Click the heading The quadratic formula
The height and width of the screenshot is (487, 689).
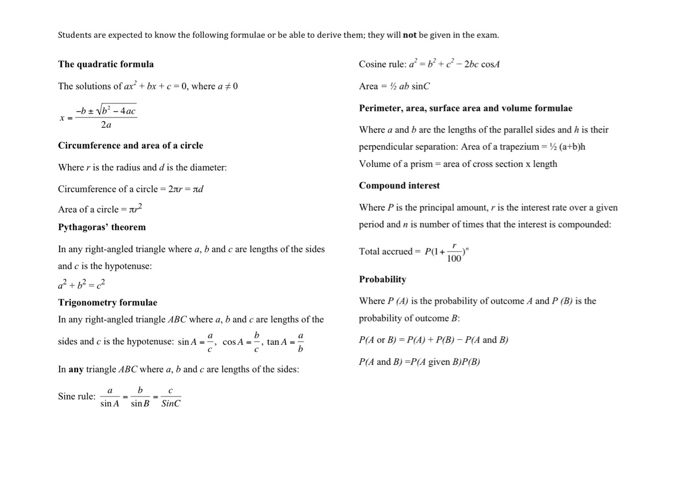pos(106,64)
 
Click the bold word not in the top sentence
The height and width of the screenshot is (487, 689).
pos(410,35)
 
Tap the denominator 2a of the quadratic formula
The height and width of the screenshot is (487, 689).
pos(106,125)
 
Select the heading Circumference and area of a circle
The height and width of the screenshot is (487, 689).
pos(130,145)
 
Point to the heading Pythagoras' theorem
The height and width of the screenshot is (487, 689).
pos(102,227)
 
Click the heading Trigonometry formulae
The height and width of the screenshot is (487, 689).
pos(108,303)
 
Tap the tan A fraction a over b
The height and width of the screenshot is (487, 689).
pos(300,342)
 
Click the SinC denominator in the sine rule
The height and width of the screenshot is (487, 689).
pos(171,403)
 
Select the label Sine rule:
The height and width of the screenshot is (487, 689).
pos(76,396)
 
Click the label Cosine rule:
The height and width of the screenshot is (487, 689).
pos(382,64)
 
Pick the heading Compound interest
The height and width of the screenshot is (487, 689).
pos(399,186)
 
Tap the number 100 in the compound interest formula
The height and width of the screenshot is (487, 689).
pos(454,259)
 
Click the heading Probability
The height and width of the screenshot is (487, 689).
pos(382,280)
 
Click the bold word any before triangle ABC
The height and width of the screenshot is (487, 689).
pos(76,370)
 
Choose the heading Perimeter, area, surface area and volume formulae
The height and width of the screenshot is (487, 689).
pos(465,108)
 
